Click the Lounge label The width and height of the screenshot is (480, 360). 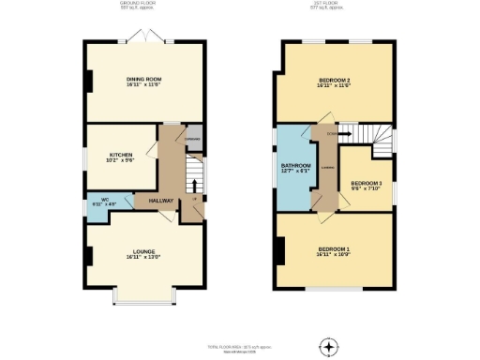point(144,252)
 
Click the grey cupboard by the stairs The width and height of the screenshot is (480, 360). point(191,139)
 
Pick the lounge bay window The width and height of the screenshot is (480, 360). point(141,297)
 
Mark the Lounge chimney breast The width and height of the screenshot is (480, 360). point(87,254)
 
